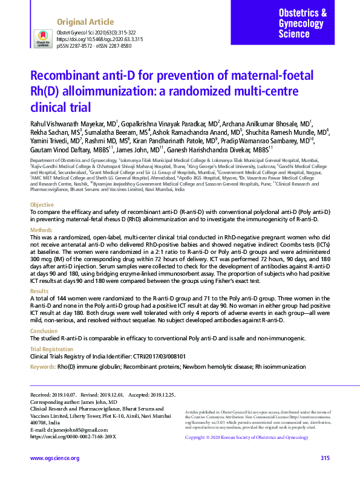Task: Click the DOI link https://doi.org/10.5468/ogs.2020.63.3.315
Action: pos(100,38)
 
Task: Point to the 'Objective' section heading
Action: pos(42,206)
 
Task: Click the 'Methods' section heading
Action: pos(41,230)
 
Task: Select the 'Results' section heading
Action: pos(39,291)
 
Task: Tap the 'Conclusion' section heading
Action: pos(44,331)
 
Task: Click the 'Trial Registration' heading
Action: pos(53,349)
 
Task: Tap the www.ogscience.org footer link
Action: pos(54,458)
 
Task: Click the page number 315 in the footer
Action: pos(325,458)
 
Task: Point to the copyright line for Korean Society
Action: pos(246,437)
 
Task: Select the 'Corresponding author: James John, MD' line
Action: pos(74,401)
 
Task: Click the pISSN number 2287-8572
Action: pos(82,45)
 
